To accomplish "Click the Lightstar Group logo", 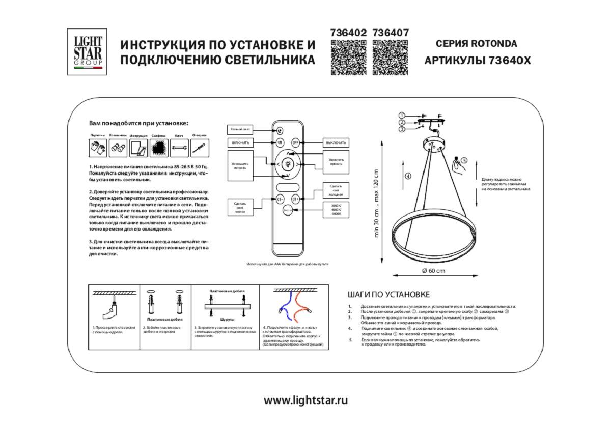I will pyautogui.click(x=87, y=52).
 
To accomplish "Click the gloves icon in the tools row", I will pyautogui.click(x=97, y=148).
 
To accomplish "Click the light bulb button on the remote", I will pyautogui.click(x=288, y=164).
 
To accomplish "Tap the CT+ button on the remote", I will pyautogui.click(x=296, y=199).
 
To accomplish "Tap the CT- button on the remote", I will pyautogui.click(x=280, y=199).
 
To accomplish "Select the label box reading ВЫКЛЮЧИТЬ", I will pyautogui.click(x=336, y=143).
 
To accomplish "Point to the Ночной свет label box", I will pyautogui.click(x=240, y=130).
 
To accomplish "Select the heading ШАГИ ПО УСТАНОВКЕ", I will pyautogui.click(x=388, y=294).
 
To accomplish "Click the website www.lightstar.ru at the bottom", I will pyautogui.click(x=305, y=400).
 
